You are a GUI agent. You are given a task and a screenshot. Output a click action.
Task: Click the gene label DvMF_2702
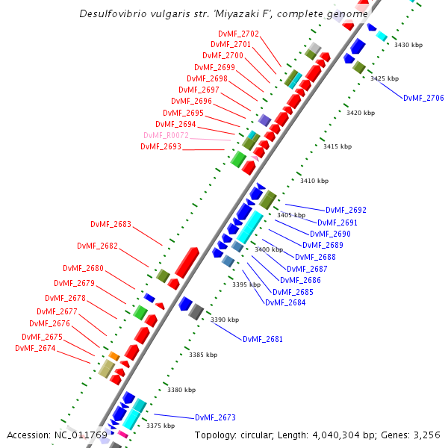[238, 34]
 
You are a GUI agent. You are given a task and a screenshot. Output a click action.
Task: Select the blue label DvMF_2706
[423, 98]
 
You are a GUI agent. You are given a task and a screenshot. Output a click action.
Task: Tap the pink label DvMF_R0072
[166, 135]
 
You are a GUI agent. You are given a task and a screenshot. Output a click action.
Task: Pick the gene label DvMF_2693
[161, 146]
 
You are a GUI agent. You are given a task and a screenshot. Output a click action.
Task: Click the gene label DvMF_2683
[111, 224]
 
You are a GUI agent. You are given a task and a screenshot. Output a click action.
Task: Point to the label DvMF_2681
[263, 339]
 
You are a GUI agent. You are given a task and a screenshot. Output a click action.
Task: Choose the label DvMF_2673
[215, 417]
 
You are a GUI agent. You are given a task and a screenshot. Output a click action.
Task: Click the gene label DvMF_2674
[35, 348]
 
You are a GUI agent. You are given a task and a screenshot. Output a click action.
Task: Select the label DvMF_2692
[346, 210]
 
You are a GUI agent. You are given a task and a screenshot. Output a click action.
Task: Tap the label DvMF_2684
[284, 302]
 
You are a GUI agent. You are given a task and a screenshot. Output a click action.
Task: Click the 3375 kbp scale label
[161, 426]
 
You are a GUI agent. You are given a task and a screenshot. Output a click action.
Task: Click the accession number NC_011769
[81, 435]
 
